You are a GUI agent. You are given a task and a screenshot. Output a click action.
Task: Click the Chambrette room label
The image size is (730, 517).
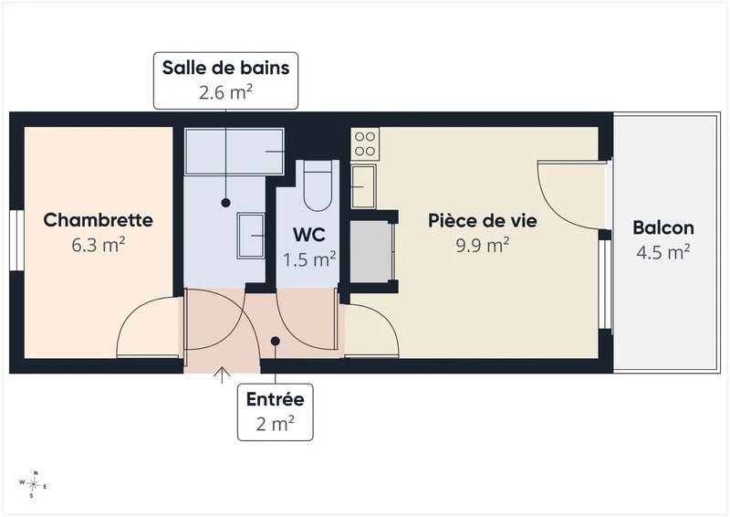coord(99,220)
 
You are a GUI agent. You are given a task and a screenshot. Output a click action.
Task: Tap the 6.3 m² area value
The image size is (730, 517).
coord(99,245)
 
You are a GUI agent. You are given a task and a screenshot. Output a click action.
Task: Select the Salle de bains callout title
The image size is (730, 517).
coord(225,68)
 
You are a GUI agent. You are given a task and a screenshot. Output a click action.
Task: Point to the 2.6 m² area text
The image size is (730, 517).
coord(225,92)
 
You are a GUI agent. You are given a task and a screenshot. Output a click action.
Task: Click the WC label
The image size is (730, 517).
coord(309,235)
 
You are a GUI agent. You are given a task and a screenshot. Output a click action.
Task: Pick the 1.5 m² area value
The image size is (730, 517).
coord(309,259)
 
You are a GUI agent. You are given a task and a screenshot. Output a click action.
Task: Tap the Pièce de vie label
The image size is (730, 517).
coord(483,220)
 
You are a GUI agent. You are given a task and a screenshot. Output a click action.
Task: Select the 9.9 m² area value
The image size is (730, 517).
coord(483,245)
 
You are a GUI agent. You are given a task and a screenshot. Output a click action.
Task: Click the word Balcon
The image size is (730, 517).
coord(663,228)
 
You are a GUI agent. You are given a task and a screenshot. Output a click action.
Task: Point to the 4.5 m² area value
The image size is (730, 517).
coord(663,252)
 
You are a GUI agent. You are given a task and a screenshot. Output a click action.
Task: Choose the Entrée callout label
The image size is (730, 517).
coord(276,399)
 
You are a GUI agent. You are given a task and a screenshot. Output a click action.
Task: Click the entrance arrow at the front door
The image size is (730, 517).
coord(222,375)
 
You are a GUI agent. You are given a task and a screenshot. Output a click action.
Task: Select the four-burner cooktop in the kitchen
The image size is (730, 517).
coord(365,144)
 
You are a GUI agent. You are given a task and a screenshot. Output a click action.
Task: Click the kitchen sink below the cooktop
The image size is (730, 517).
coord(363,186)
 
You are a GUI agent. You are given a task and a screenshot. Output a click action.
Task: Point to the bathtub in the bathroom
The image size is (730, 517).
coord(235,152)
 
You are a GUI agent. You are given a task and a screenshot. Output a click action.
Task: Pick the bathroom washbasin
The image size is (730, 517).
coord(251,236)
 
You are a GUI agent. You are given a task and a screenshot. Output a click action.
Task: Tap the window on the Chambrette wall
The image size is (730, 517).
coord(16,240)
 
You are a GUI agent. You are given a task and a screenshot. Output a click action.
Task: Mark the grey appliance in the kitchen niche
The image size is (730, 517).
coord(370,252)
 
